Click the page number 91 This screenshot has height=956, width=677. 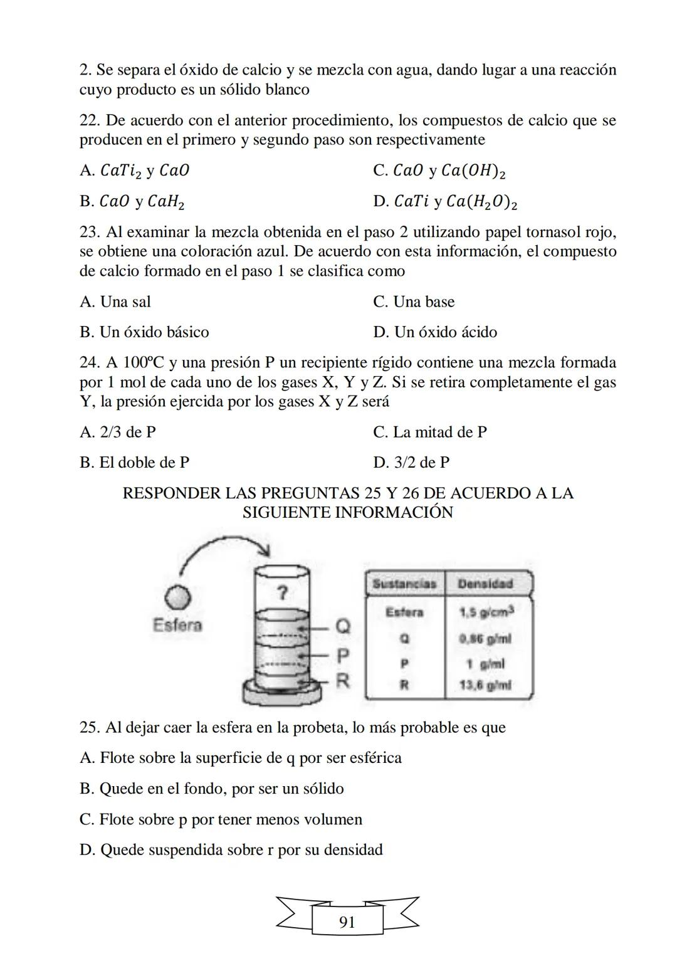[x=347, y=922]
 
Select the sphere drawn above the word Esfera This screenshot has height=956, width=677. [x=177, y=597]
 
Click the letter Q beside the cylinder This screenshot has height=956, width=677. [x=344, y=626]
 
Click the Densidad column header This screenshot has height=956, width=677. [x=485, y=584]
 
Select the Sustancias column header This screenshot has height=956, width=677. [x=404, y=584]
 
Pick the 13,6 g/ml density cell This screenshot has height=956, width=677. [x=485, y=685]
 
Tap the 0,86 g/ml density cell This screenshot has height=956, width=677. [x=485, y=639]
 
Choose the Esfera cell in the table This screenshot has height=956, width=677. [x=404, y=612]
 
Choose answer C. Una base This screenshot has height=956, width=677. [x=414, y=302]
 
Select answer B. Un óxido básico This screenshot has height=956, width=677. [x=144, y=332]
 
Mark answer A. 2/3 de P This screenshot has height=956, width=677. [x=118, y=432]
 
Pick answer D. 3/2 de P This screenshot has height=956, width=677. [x=411, y=462]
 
